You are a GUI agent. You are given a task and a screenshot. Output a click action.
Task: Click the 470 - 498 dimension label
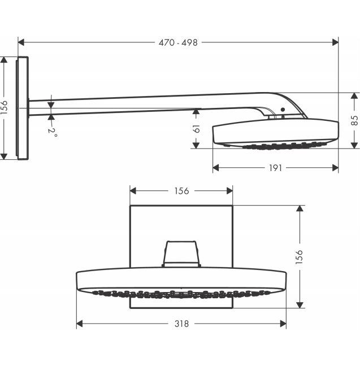178,43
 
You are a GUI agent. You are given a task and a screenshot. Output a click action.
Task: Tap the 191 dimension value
275,168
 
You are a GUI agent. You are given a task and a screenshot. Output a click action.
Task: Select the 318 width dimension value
181,324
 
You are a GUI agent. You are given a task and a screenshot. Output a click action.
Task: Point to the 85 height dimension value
354,120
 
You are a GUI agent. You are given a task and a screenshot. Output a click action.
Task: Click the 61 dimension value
197,129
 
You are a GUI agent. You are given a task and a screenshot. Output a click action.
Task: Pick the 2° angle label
53,133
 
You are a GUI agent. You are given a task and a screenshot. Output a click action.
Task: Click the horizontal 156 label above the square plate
181,191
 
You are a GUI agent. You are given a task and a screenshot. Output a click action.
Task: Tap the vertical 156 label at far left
4,107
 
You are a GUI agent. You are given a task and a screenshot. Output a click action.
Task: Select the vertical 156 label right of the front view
300,257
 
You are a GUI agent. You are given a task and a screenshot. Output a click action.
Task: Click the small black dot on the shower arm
283,110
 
